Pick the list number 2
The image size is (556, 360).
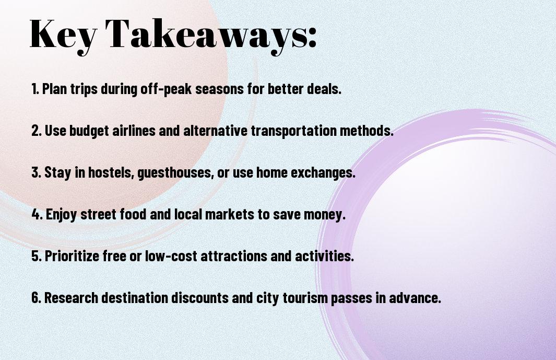coord(36,131)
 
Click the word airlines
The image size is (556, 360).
coord(134,131)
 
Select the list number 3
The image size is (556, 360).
coord(36,172)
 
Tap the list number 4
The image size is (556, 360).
coord(37,214)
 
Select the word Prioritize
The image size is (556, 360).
coord(72,256)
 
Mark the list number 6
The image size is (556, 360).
coord(36,298)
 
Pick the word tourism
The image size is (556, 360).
coord(305,298)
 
